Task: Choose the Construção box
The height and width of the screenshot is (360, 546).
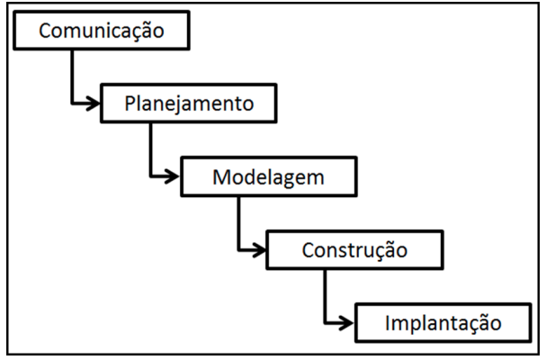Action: point(354,247)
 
